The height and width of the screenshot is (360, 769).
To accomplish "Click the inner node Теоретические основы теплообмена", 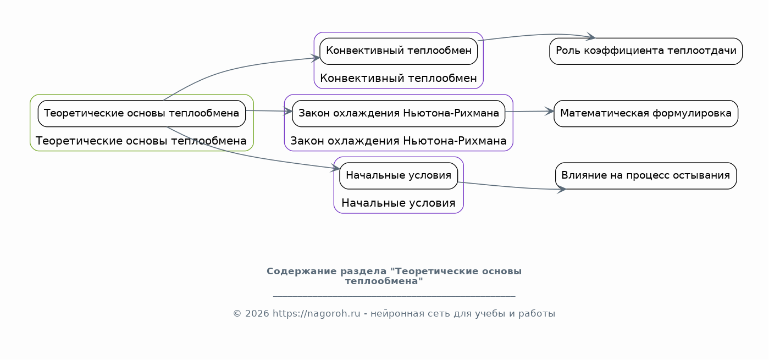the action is coord(142,114).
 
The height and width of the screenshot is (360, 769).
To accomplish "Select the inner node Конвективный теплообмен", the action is coord(399,51).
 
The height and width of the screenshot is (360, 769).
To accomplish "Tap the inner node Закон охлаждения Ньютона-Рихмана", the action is coord(399,114).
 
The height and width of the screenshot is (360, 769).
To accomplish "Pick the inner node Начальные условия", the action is coord(399,176).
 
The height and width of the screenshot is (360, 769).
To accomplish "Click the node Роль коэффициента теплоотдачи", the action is coord(646,51).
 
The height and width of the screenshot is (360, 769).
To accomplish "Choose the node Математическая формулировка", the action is coord(646,114).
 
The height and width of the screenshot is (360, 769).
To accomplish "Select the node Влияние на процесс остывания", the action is coord(646,176).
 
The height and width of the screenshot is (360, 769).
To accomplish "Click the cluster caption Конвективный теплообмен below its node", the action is coord(398,78).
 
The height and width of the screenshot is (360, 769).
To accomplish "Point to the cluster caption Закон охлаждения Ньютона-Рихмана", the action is coord(398,141).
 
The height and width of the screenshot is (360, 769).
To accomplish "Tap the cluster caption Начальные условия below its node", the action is coord(398,203).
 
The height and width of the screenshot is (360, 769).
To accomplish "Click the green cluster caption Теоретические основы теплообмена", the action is coord(141,141).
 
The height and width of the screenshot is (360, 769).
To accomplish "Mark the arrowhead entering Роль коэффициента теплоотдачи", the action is coord(591,36).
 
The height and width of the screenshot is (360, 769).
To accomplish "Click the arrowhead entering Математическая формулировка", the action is coord(549,111).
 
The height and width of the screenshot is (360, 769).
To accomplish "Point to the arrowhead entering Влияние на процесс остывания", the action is coord(562,189).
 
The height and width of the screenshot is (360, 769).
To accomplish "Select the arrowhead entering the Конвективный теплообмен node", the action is coord(316,58).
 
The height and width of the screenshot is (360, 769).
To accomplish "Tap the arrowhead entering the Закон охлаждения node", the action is coord(287,111).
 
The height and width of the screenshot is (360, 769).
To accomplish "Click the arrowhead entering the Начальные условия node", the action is coord(335,168).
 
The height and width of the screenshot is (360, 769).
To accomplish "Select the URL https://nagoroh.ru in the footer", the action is coord(317,314).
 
